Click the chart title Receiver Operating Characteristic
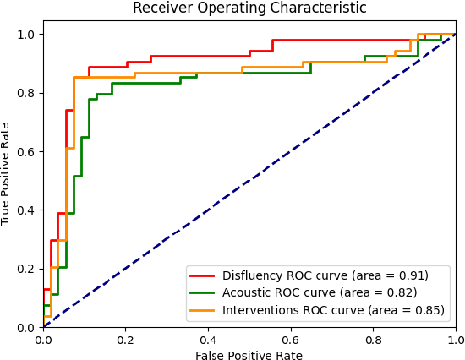coord(249,8)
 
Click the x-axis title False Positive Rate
coord(249,356)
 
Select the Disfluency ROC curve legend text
coord(325,275)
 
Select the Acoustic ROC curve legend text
coord(320,293)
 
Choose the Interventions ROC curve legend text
coord(333,311)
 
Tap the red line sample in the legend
coord(203,275)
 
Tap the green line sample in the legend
coord(203,293)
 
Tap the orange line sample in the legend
coord(203,311)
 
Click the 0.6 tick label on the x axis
coord(291,339)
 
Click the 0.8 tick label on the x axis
coord(374,339)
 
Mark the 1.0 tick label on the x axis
coord(456,339)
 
